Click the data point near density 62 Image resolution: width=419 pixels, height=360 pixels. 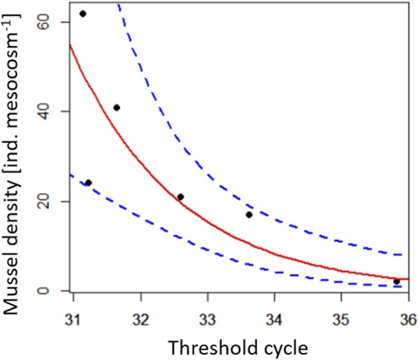click(x=82, y=13)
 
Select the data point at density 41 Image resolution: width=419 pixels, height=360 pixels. click(x=117, y=108)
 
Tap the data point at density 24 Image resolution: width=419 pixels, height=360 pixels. click(x=88, y=182)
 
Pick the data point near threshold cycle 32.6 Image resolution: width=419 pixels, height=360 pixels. click(x=180, y=197)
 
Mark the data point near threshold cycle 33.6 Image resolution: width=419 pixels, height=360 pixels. click(x=249, y=215)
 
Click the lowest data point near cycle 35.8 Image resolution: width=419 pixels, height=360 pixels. click(x=397, y=282)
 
